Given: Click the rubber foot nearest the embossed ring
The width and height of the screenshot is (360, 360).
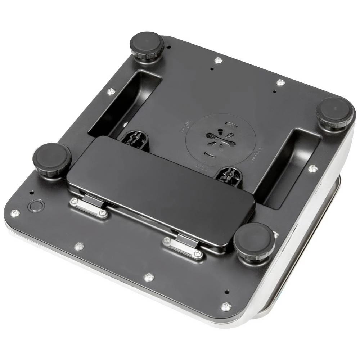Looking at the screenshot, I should click(51, 159).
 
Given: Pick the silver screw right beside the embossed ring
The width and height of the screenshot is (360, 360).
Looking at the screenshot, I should click(15, 213).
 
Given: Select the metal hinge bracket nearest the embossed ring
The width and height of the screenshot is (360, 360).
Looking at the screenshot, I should click(88, 207).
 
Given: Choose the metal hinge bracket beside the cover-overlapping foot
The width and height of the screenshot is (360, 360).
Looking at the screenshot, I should click(183, 247).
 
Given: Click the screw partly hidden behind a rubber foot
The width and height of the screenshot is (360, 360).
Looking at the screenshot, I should click(275, 235).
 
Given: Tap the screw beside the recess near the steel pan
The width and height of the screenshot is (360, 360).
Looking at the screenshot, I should click(313, 168).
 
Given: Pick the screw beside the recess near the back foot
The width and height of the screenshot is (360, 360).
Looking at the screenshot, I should click(111, 91).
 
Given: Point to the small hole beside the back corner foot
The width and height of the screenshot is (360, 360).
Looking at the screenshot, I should click(169, 46).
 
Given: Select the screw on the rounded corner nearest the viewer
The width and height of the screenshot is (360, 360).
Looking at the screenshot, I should click(226, 306).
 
